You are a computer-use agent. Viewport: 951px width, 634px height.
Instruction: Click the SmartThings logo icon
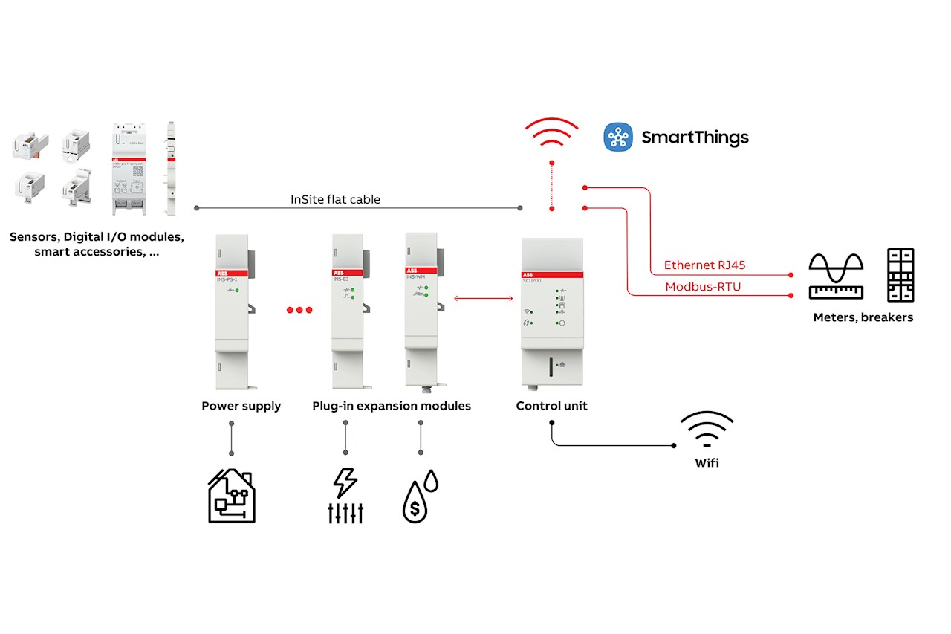pos(617,138)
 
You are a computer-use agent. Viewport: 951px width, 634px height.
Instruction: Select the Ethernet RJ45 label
pos(704,265)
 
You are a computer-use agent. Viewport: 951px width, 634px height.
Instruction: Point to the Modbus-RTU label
pos(703,287)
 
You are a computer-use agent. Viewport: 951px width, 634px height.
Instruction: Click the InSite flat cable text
pos(335,199)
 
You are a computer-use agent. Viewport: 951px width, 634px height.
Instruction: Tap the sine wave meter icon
pos(837,276)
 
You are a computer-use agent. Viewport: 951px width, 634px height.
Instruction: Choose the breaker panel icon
pos(900,275)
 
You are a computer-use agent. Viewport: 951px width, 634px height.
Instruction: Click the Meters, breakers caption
pos(863,317)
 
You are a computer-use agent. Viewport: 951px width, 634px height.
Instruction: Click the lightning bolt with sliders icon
pos(345,496)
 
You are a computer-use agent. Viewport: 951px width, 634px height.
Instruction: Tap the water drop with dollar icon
pos(419,496)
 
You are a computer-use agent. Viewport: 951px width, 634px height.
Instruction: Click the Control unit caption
pos(552,406)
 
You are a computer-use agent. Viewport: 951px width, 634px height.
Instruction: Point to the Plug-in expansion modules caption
pos(392,406)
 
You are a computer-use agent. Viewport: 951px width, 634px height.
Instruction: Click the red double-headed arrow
pos(484,299)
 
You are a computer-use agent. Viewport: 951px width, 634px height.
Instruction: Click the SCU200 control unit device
pos(552,312)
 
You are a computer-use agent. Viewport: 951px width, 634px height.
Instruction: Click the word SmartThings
pos(695,138)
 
